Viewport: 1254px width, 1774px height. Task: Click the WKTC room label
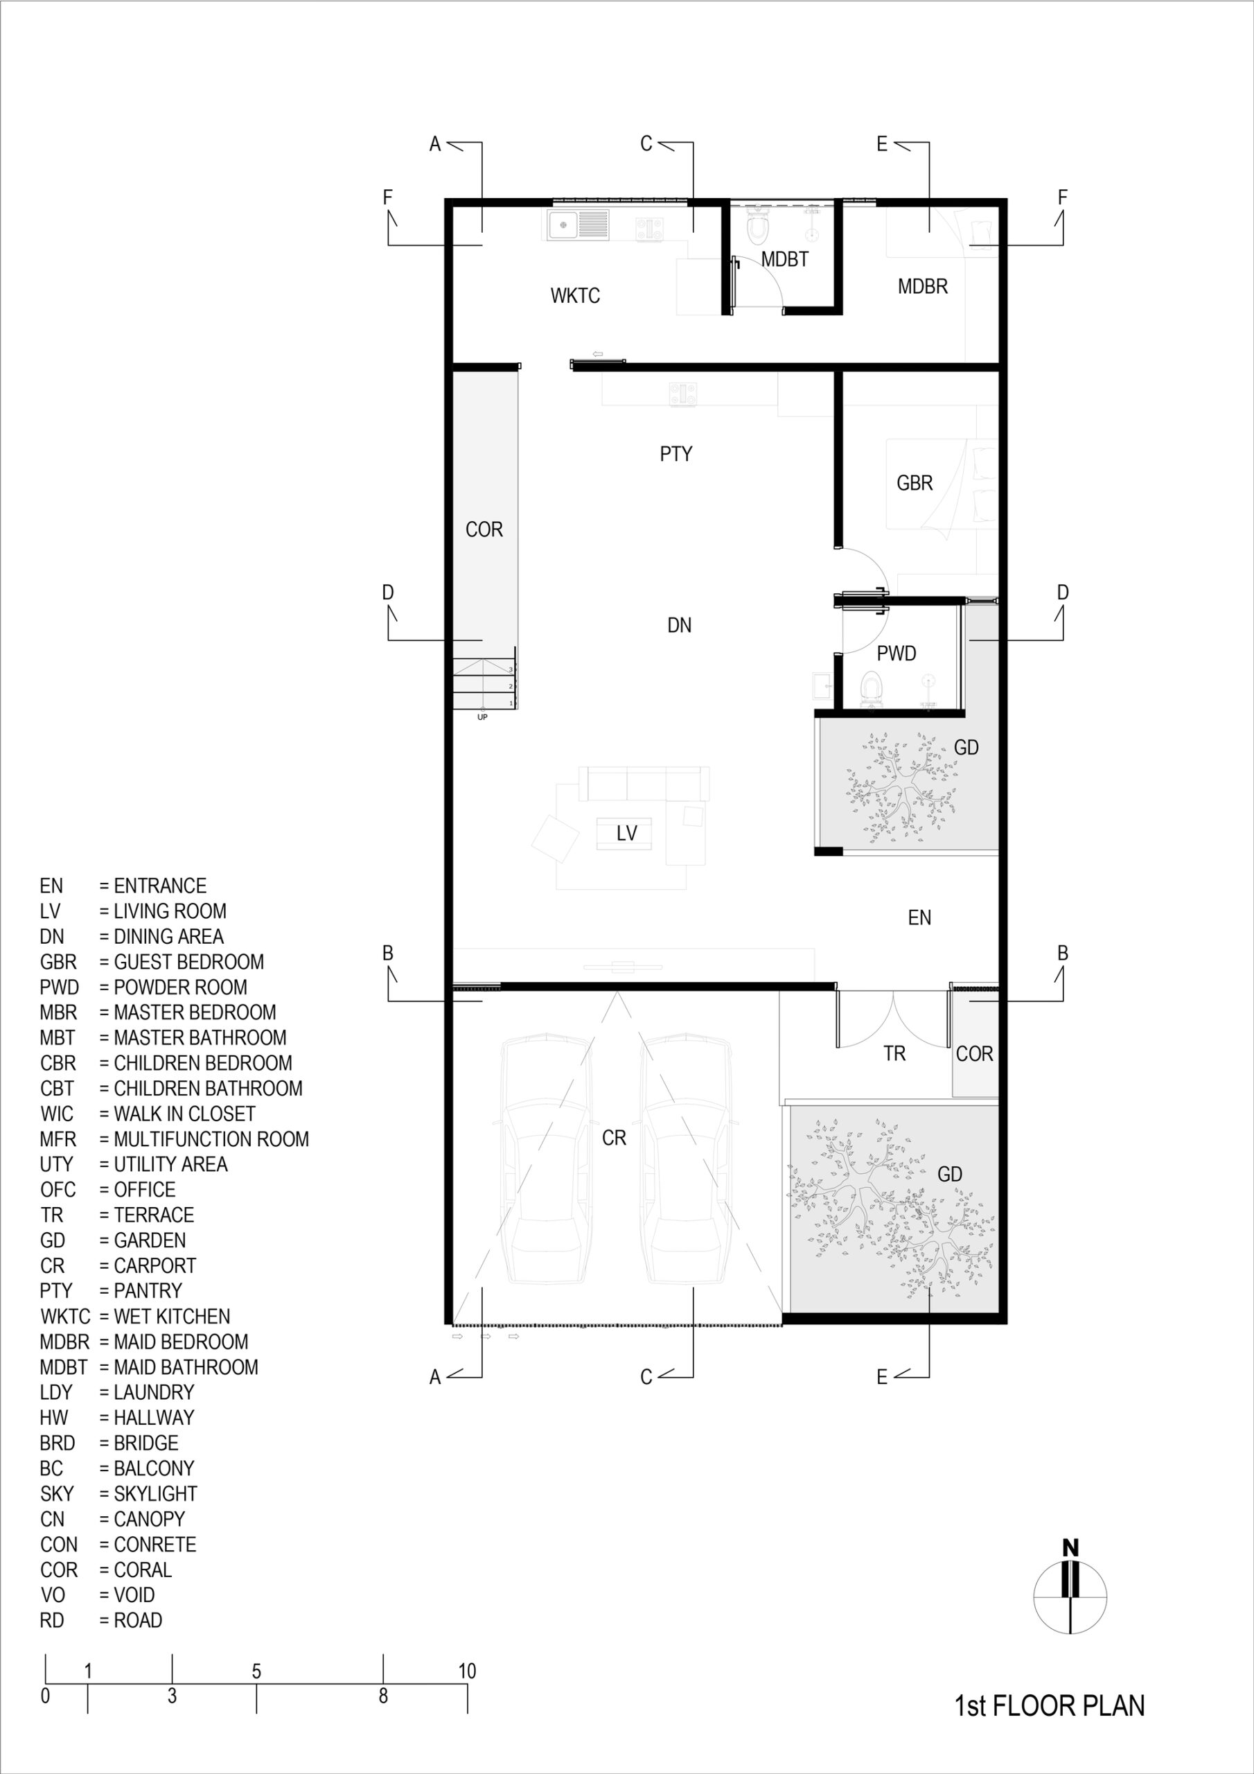tap(575, 295)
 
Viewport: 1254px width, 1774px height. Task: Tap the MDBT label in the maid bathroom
tap(784, 260)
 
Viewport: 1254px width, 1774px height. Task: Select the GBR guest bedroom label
tap(914, 483)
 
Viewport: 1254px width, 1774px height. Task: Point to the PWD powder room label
tap(897, 653)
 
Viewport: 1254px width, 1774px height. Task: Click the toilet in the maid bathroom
tap(758, 227)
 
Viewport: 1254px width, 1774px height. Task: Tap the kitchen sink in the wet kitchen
tap(577, 225)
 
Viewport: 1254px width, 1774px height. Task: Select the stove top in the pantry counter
tap(683, 394)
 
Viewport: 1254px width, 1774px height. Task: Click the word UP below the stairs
tap(482, 717)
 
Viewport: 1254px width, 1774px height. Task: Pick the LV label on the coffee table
tap(626, 833)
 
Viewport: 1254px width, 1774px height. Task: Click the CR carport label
tap(615, 1138)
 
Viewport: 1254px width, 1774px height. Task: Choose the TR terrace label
tap(894, 1054)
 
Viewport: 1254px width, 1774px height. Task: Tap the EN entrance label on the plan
tap(919, 918)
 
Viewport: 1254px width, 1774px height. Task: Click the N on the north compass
tap(1070, 1547)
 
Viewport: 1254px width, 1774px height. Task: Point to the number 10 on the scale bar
tap(467, 1671)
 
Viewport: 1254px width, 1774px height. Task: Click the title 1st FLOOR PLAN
tap(1049, 1705)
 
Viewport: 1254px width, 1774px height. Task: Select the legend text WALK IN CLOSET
tap(185, 1114)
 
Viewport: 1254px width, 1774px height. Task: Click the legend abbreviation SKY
tap(58, 1493)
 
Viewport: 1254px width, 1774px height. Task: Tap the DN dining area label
tap(679, 625)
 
